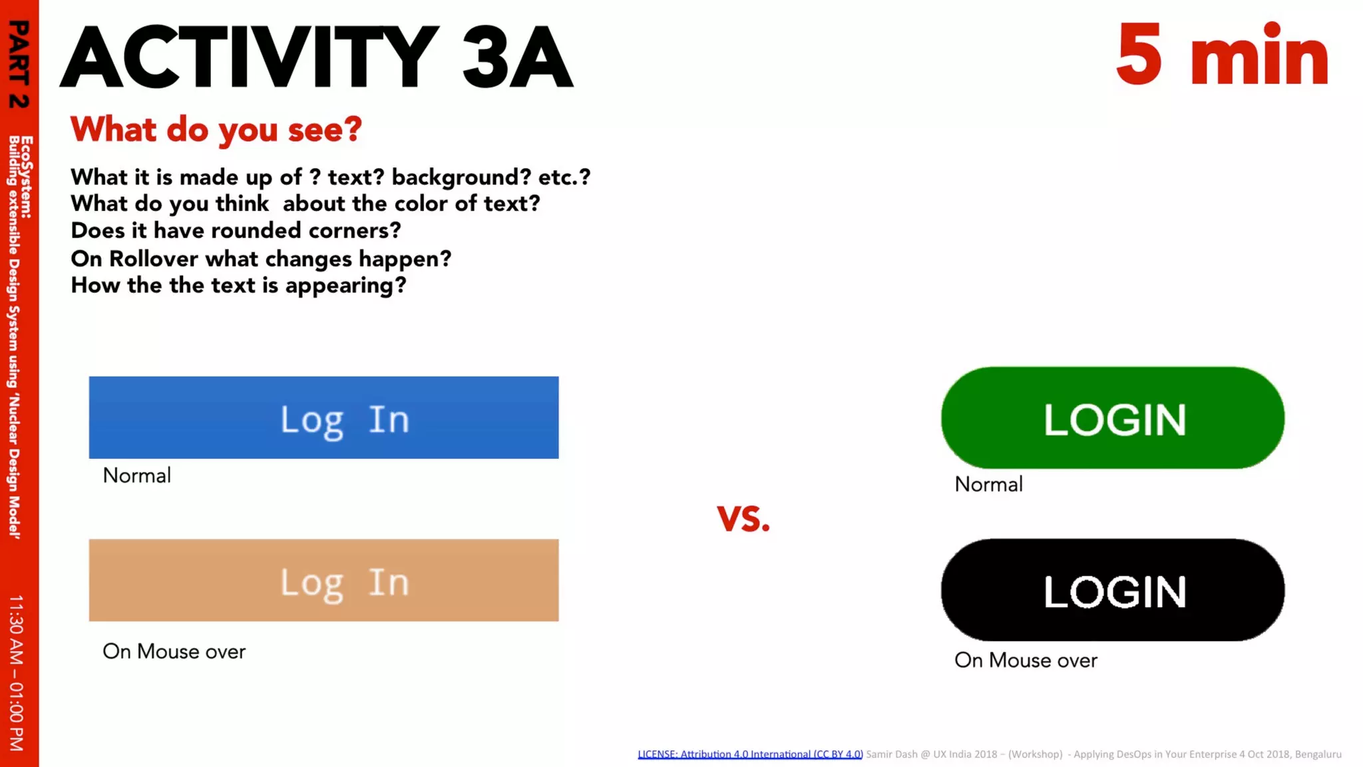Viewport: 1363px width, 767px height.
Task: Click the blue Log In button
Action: (323, 417)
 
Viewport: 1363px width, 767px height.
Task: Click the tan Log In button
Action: (323, 581)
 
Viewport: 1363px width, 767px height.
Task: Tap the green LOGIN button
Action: (1113, 418)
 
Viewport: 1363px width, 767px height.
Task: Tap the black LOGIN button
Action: (1113, 591)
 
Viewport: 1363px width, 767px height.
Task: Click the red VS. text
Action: (743, 519)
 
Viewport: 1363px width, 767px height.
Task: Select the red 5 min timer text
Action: (1222, 55)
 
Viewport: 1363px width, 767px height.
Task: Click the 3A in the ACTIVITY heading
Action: (516, 58)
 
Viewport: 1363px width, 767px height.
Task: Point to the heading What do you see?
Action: (216, 129)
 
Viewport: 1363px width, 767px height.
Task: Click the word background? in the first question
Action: (461, 177)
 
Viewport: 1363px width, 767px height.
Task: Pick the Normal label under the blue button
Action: (136, 475)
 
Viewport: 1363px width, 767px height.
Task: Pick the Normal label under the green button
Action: (988, 484)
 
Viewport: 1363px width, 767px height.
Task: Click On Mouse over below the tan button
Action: (174, 651)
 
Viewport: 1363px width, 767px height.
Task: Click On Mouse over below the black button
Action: (1026, 660)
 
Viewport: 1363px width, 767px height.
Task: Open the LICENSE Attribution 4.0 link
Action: (750, 754)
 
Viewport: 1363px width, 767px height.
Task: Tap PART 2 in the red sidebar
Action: (19, 64)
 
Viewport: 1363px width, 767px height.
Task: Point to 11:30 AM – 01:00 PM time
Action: (17, 672)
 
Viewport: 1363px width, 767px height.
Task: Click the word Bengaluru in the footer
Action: (1318, 754)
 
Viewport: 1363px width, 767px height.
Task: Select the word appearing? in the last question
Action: (345, 286)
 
